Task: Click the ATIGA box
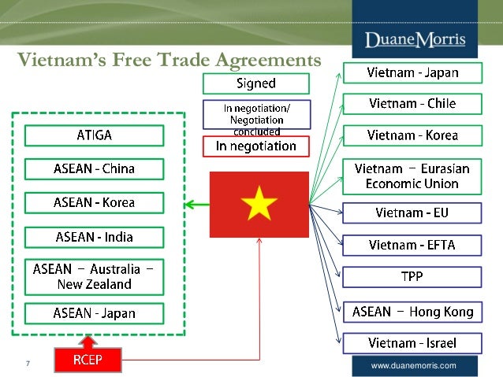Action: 94,135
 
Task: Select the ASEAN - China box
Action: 94,168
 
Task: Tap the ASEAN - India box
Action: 94,236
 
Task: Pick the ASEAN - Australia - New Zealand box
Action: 94,275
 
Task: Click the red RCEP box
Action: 88,360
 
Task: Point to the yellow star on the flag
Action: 259,205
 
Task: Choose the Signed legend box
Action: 255,83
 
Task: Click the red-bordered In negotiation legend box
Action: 255,146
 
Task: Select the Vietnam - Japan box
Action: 412,73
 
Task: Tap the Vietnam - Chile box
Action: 412,104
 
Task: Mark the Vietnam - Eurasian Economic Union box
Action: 412,176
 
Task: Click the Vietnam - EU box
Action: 412,213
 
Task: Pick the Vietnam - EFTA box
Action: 412,245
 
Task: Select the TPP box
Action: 412,277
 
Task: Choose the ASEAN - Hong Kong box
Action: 412,312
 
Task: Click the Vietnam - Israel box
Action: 412,343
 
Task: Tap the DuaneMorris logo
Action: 415,39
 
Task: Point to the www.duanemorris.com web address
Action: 413,366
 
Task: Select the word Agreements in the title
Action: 261,61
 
